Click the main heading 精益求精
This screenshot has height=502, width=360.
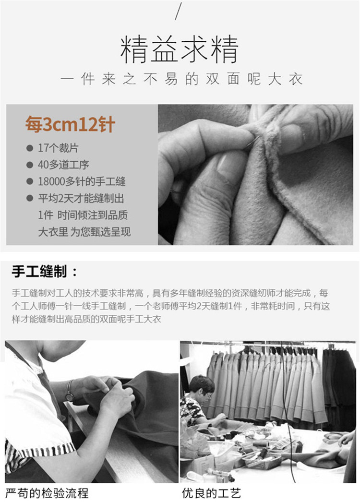tap(180, 49)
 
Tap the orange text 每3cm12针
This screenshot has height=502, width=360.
tap(70, 124)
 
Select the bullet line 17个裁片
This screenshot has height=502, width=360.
tap(58, 148)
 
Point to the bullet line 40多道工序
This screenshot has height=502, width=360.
tap(63, 165)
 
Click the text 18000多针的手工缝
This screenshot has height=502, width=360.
tap(82, 181)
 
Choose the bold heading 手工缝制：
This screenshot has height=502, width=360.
tap(45, 272)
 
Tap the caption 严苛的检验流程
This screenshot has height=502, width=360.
tap(47, 493)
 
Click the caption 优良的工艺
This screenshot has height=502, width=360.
tap(211, 493)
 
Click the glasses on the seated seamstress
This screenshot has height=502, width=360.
tap(208, 396)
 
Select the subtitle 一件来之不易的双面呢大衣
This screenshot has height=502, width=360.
tap(181, 79)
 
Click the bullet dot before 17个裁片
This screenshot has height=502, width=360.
tap(30, 148)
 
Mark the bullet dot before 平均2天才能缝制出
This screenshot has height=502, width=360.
tap(30, 198)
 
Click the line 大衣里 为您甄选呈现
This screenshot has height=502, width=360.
tap(84, 232)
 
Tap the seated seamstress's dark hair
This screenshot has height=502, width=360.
tap(201, 383)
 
